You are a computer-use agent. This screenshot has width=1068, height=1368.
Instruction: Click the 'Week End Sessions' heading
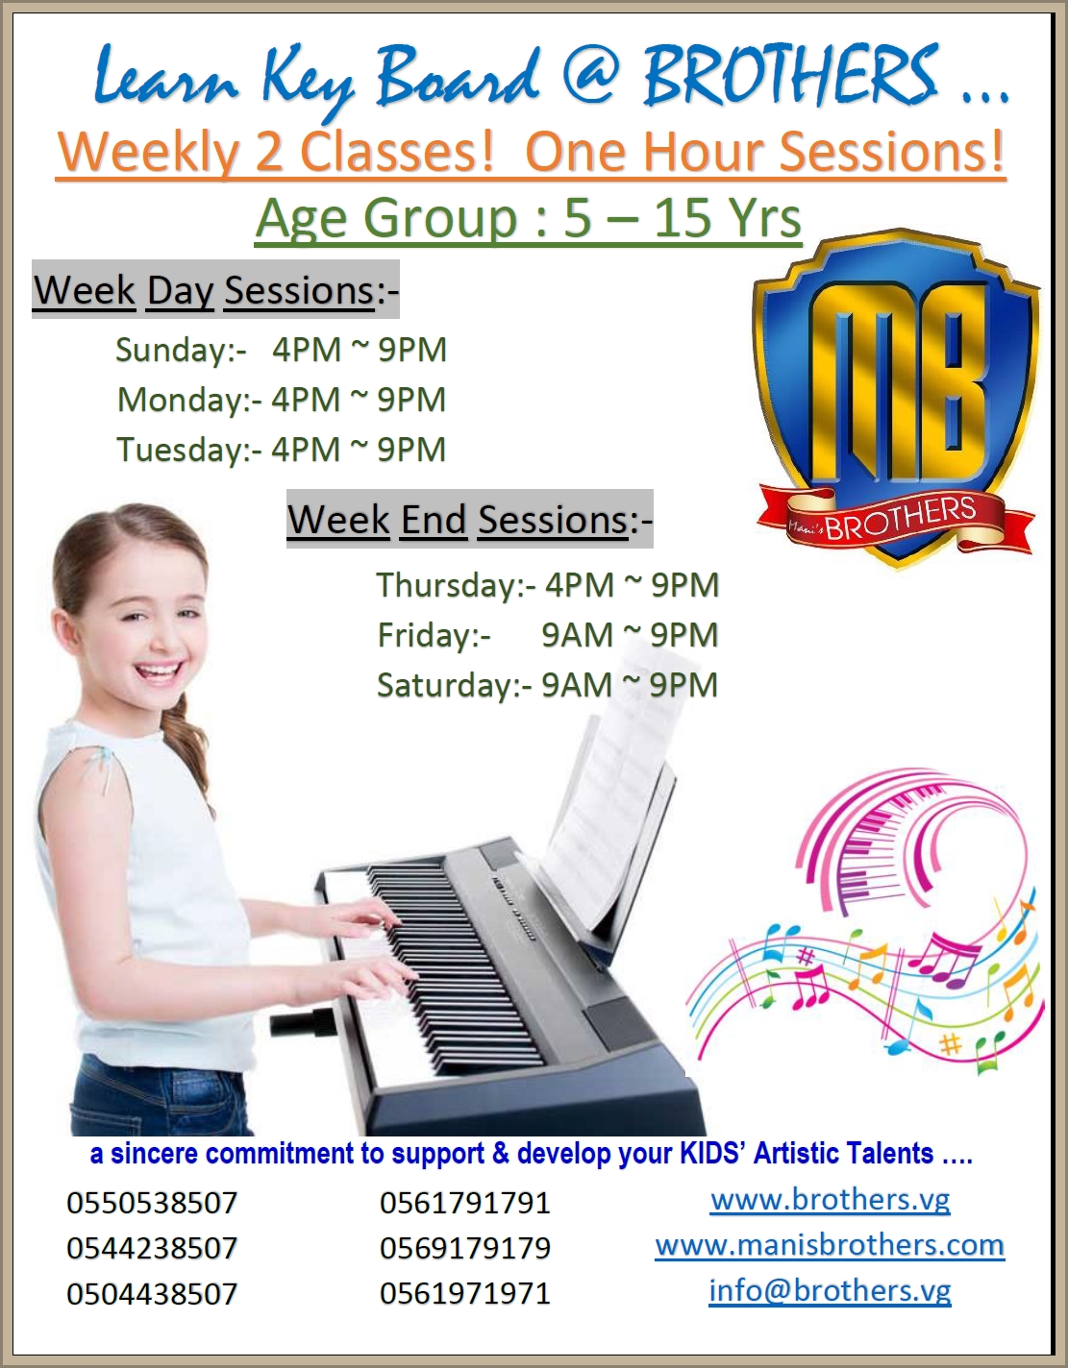coord(469,520)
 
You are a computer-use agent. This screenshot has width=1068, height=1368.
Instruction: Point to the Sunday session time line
coord(281,350)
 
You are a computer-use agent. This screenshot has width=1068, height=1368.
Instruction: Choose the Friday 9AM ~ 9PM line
coord(547,635)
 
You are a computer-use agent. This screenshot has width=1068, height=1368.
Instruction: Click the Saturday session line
coord(547,685)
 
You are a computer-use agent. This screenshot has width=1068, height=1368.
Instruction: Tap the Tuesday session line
coord(281,450)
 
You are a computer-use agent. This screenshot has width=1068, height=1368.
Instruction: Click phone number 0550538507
coord(152,1203)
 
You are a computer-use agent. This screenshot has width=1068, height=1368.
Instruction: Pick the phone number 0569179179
coord(465,1248)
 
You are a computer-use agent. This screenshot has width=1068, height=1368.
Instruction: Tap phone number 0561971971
coord(465,1293)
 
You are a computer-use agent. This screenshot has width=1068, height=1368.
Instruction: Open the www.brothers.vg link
coord(831,1200)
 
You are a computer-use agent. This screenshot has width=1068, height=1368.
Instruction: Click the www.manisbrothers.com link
coord(830,1245)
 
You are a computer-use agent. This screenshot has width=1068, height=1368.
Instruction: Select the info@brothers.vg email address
coord(830,1290)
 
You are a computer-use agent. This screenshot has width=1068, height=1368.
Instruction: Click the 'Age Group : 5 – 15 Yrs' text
coord(529,218)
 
